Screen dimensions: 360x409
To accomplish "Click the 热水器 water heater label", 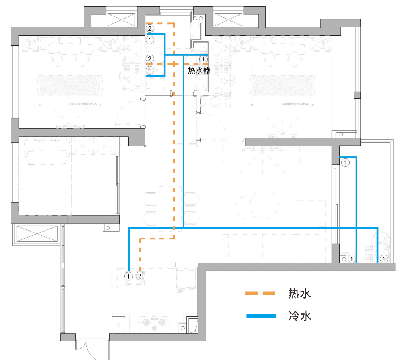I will [199, 70].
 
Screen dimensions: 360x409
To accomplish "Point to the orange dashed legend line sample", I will [259, 293].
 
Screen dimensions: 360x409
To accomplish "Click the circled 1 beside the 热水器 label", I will [203, 59].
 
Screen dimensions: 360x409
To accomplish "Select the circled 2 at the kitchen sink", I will [140, 276].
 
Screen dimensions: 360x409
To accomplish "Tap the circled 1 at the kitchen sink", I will [129, 276].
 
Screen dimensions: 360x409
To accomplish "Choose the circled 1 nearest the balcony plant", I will [384, 259].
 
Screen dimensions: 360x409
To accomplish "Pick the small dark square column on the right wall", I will [356, 95].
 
